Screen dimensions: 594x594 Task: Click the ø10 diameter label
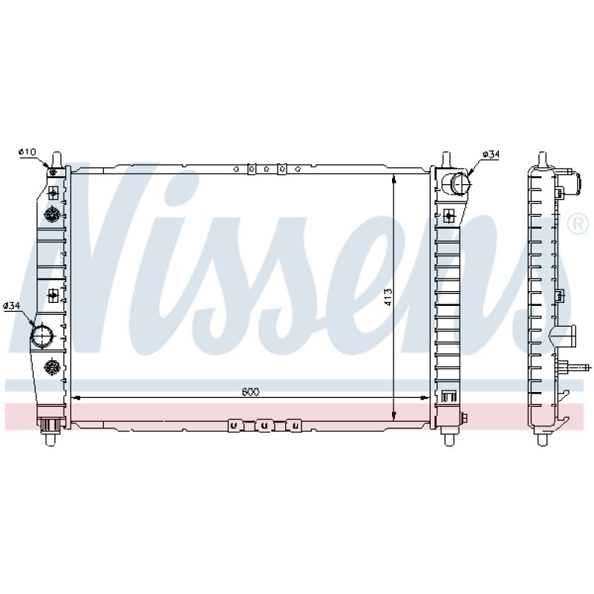[27, 152]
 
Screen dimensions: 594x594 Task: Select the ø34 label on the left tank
[11, 305]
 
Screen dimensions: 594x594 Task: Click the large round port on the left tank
[43, 336]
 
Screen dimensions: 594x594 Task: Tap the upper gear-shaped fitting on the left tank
[52, 215]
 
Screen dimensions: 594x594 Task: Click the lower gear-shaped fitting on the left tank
[52, 366]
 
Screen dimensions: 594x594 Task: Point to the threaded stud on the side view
[577, 366]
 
